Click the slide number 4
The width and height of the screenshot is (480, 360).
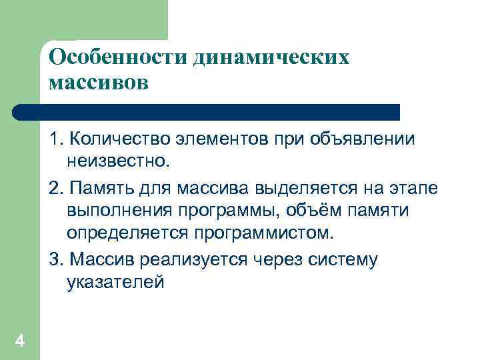point(19,342)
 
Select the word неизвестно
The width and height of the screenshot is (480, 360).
point(117,161)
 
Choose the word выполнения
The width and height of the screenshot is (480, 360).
point(119,211)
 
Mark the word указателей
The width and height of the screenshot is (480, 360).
point(115,283)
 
